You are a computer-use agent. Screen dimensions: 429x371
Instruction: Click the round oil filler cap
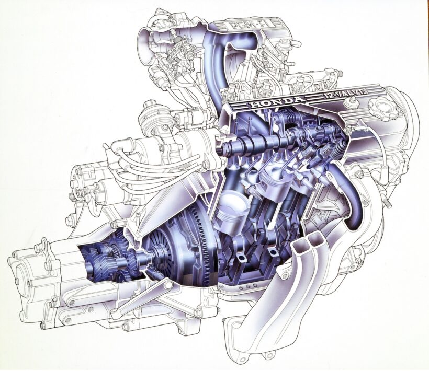(x=382, y=109)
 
